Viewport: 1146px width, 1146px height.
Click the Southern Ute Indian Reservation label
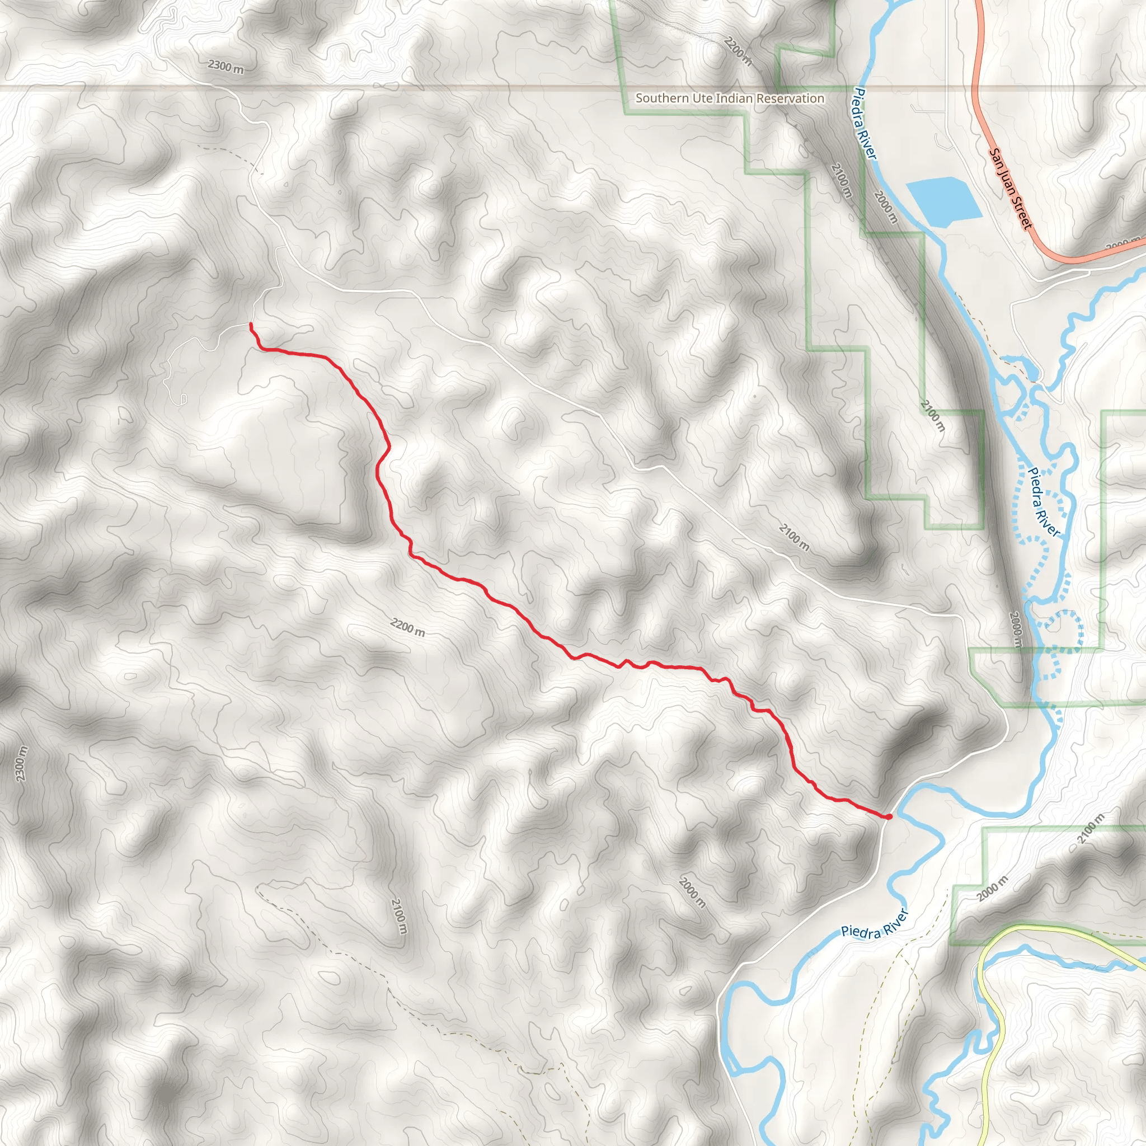pos(730,98)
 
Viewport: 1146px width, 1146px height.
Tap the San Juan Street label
pos(1011,188)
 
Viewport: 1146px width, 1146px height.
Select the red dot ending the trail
pos(889,817)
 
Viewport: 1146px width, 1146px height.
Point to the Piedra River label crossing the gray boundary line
pos(865,123)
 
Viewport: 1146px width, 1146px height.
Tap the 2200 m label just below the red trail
pos(407,627)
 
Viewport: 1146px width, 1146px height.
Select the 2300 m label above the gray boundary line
pos(226,67)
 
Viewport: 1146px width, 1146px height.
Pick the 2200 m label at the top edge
pos(738,50)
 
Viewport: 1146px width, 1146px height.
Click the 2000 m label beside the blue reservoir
pos(886,205)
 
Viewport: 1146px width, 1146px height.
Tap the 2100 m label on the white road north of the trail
pos(793,537)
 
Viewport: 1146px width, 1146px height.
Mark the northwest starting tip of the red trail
pos(251,325)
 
